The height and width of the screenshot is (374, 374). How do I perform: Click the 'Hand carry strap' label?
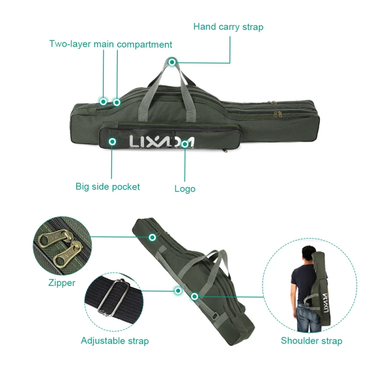click(x=228, y=27)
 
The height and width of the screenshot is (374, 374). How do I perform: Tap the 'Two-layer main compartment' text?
click(x=111, y=45)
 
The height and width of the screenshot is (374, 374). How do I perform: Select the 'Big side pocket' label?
click(x=108, y=187)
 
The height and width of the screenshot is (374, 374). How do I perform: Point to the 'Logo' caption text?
click(x=185, y=189)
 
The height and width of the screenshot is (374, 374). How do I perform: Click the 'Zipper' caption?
click(x=62, y=283)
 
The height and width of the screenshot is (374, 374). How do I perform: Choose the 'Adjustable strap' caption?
click(x=115, y=340)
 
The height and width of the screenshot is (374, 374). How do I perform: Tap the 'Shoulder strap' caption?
click(x=311, y=341)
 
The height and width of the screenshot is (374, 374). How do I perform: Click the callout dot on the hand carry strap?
click(x=172, y=62)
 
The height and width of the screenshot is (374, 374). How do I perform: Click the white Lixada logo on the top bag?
click(x=161, y=140)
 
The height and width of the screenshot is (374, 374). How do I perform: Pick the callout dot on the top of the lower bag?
click(x=152, y=237)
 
